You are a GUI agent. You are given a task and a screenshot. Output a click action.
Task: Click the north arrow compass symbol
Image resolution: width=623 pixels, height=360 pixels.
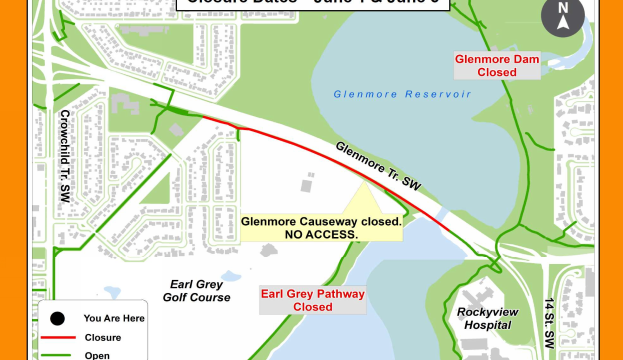point(562,17)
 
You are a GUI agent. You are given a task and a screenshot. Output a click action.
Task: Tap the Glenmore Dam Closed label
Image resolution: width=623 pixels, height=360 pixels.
point(497,66)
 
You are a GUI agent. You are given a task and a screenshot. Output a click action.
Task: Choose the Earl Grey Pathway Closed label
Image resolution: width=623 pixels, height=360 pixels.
point(313,300)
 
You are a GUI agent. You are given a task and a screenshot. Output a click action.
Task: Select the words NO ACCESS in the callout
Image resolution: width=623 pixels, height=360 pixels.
point(321,234)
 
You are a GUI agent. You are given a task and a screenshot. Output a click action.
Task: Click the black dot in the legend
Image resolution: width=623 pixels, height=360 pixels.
point(57,319)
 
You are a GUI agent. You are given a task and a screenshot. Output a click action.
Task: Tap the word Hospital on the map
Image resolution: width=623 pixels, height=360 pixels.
point(488,325)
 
